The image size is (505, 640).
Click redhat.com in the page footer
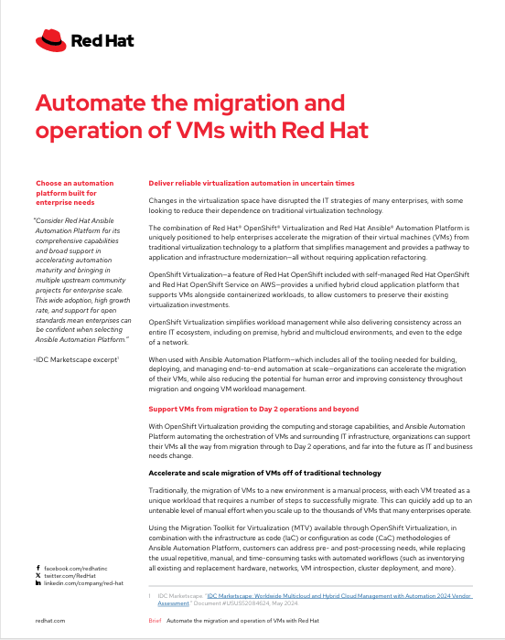coord(49,620)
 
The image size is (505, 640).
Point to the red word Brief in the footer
coord(155,620)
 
